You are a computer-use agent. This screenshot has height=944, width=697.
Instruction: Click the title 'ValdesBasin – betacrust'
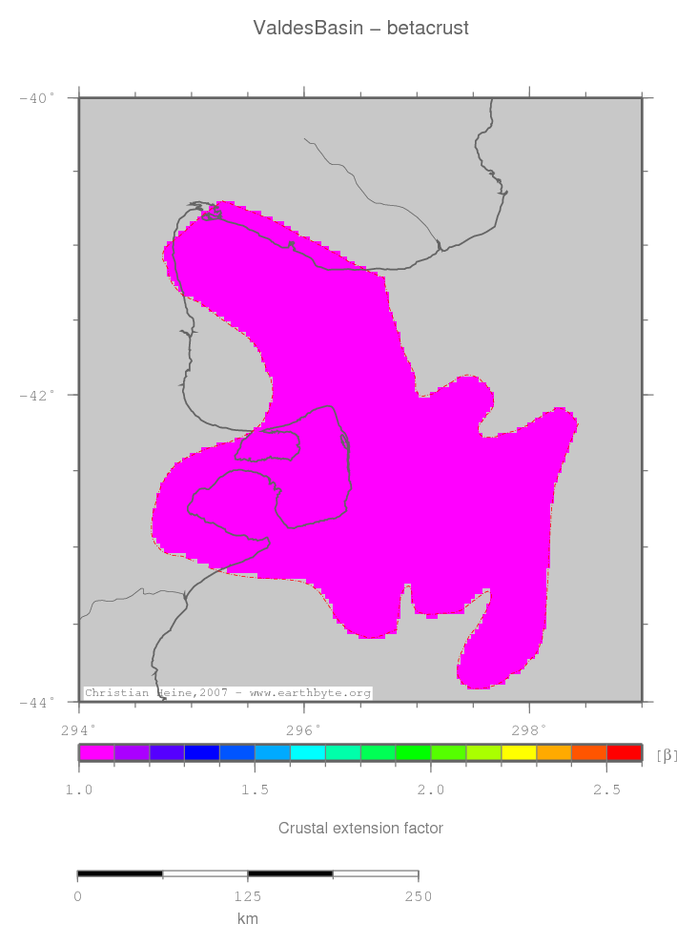360,29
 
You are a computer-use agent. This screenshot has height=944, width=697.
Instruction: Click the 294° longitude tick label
78,730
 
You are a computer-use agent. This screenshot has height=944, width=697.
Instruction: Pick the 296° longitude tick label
303,730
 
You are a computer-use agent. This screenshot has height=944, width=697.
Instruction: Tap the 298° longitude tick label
528,730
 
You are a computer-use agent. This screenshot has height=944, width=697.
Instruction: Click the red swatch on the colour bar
624,752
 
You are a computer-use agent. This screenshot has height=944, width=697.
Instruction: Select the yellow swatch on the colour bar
519,752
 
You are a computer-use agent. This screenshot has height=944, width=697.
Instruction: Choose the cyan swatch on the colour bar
307,752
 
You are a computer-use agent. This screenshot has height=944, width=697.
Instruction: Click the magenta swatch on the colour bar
96,752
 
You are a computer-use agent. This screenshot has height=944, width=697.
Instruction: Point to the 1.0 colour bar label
78,790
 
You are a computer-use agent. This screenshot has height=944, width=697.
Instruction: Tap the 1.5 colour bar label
255,790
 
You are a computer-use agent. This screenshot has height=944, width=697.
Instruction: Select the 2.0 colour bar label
431,790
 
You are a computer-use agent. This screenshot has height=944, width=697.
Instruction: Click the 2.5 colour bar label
606,790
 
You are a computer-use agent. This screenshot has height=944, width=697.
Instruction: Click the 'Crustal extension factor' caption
360,828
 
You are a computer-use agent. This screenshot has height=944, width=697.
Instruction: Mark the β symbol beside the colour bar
667,755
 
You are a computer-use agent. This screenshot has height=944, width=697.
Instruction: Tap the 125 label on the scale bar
248,896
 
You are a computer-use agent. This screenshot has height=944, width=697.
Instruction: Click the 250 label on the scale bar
418,896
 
